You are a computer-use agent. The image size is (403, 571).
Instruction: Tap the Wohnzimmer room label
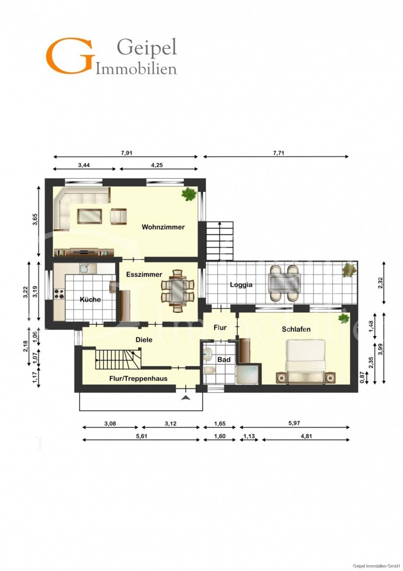163,227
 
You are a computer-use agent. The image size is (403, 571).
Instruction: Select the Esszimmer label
144,274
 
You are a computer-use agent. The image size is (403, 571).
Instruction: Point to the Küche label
90,299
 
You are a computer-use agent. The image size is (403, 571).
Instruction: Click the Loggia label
241,285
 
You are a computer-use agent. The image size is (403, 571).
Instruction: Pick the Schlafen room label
296,330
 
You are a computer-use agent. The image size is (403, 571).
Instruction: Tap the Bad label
224,360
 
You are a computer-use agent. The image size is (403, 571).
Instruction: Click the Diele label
144,340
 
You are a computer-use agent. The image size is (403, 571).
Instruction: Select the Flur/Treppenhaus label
138,379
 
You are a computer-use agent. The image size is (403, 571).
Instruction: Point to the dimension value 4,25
157,165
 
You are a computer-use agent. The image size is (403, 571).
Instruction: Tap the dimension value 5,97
294,423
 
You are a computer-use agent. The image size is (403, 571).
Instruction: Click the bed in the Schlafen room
305,362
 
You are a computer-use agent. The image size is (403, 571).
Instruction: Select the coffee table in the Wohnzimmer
90,216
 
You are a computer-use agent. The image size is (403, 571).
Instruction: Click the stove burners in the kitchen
59,294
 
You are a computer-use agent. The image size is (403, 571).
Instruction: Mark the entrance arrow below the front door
186,397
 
